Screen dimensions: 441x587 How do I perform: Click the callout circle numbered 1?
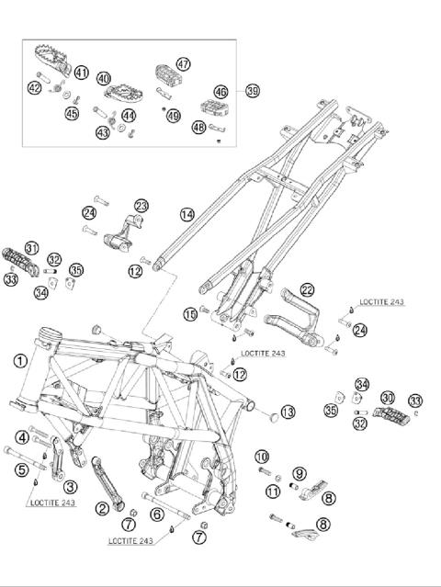click(x=20, y=361)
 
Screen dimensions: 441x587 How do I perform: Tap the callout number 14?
click(x=187, y=215)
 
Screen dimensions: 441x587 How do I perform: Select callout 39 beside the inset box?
click(x=253, y=91)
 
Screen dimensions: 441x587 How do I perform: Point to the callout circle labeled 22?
click(x=307, y=290)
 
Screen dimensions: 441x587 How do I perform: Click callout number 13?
click(x=288, y=412)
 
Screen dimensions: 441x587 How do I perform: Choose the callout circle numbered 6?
click(x=157, y=514)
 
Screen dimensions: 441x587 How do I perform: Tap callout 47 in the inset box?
click(x=183, y=64)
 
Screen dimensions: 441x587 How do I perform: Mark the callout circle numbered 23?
click(x=141, y=206)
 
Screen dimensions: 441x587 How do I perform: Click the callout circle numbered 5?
click(x=22, y=469)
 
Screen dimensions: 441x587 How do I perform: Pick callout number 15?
click(x=190, y=314)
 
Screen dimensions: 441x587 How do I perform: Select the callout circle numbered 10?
click(x=262, y=457)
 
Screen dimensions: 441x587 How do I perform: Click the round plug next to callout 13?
click(x=274, y=417)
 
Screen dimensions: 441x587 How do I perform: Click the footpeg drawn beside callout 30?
click(x=390, y=415)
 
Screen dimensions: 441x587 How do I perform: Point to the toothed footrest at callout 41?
click(x=52, y=59)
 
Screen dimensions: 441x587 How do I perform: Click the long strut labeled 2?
click(x=108, y=483)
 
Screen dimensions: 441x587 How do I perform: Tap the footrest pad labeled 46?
click(x=213, y=107)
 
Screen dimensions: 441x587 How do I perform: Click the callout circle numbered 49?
click(x=174, y=116)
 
